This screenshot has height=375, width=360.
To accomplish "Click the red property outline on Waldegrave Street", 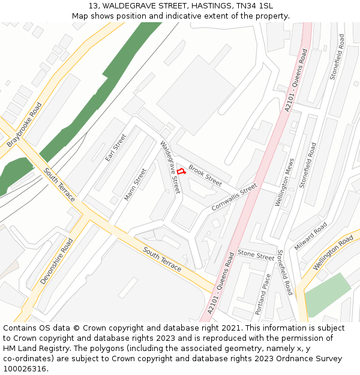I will [181, 172].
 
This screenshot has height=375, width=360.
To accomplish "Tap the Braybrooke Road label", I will [25, 125].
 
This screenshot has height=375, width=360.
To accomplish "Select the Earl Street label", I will [116, 148].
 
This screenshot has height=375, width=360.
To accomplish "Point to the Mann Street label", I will [135, 184].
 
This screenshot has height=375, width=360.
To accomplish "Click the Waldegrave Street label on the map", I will [170, 167].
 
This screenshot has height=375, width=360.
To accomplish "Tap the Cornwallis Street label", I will [234, 197].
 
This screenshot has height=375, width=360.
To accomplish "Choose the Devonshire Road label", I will [56, 261].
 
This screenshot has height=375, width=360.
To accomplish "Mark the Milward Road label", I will [311, 236].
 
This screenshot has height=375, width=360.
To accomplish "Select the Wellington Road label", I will [333, 251].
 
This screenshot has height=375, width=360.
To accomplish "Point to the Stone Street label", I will [256, 254].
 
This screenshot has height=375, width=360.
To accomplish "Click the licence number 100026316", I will [25, 369].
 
